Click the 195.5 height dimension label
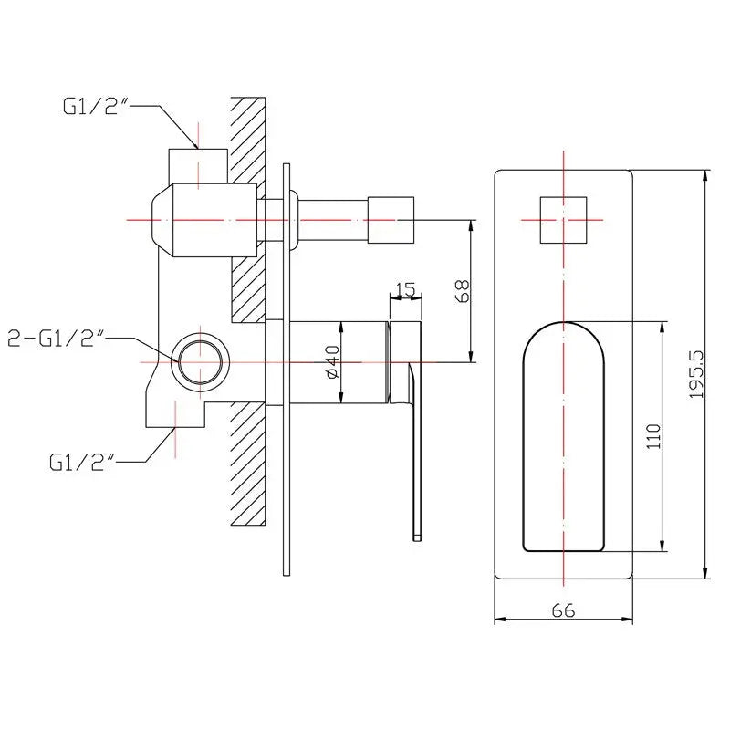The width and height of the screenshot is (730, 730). click(697, 374)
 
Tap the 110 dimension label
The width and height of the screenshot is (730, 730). click(653, 436)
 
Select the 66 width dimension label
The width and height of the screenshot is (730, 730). click(563, 610)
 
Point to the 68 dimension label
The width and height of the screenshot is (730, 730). click(463, 290)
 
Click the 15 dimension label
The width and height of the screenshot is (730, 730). click(405, 289)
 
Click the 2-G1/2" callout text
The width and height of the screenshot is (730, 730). click(55, 339)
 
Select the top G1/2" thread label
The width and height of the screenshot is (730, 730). click(96, 106)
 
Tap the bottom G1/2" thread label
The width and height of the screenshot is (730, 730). click(82, 462)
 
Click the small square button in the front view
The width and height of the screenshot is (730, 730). click(563, 220)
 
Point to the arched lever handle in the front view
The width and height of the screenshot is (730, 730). click(563, 437)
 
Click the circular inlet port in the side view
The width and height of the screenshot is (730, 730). click(200, 361)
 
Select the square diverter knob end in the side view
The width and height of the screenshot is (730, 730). click(391, 220)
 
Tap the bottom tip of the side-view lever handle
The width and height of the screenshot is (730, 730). click(418, 540)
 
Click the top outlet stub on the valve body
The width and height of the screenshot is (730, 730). click(198, 166)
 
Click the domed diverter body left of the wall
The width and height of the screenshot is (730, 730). click(204, 220)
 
